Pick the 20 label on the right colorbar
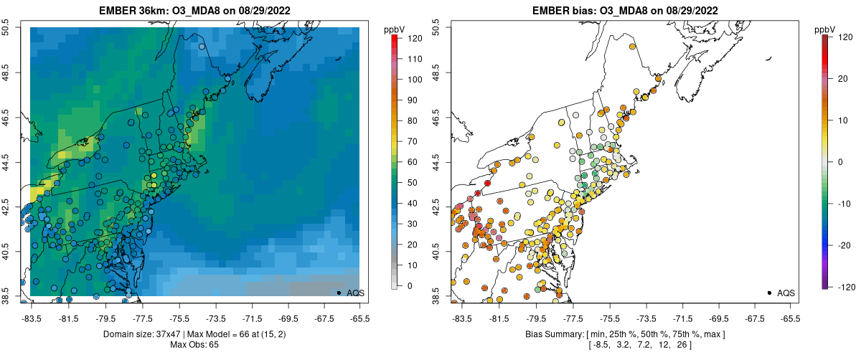[x=840, y=80]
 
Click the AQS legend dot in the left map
[x=339, y=293]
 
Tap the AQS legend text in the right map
[x=787, y=293]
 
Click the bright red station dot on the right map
[x=488, y=184]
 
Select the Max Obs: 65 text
[x=194, y=345]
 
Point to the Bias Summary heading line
[x=625, y=334]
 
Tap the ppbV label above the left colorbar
[x=395, y=29]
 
